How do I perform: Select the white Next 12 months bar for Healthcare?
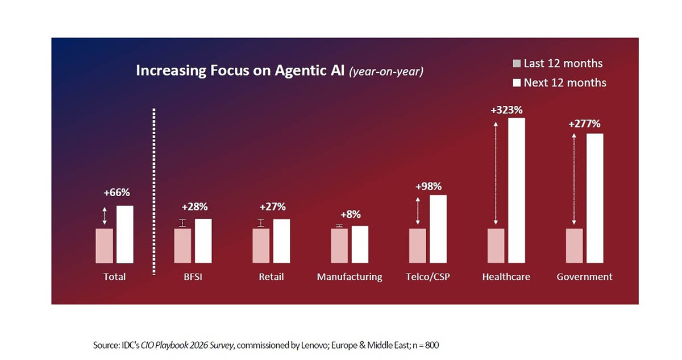pyautogui.click(x=517, y=191)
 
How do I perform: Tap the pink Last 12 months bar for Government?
pyautogui.click(x=574, y=246)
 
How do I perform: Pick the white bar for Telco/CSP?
pyautogui.click(x=438, y=229)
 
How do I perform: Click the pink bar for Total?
pyautogui.click(x=104, y=246)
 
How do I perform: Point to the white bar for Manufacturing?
pyautogui.click(x=360, y=244)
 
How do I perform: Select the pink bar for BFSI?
pyautogui.click(x=182, y=246)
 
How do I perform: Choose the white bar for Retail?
pyautogui.click(x=281, y=241)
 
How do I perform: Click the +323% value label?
pyautogui.click(x=506, y=110)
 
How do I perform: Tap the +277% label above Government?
pyautogui.click(x=584, y=124)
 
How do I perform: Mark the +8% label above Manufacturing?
pyautogui.click(x=350, y=214)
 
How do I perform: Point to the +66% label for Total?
pyautogui.click(x=117, y=193)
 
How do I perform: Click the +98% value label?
pyautogui.click(x=428, y=186)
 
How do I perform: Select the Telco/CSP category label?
pyautogui.click(x=427, y=277)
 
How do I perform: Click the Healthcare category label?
pyautogui.click(x=506, y=277)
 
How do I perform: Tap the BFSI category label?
pyautogui.click(x=193, y=277)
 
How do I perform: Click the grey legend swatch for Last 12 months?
pyautogui.click(x=517, y=64)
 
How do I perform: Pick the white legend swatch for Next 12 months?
pyautogui.click(x=517, y=83)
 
